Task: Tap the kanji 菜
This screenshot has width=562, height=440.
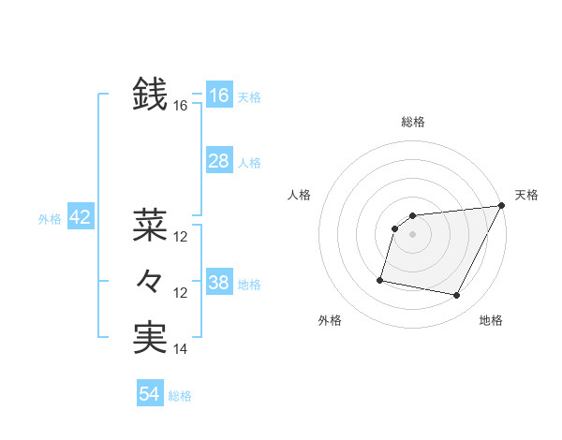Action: coord(150,224)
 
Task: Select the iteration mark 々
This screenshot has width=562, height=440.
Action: coord(150,281)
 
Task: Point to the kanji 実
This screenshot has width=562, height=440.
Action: coord(150,337)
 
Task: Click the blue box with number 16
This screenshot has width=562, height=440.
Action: coord(218,95)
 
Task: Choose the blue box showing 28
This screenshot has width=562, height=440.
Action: coord(218,161)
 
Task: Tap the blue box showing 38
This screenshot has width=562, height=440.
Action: coord(218,283)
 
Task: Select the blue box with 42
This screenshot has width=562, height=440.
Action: coord(80,218)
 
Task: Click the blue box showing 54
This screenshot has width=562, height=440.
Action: coord(149,394)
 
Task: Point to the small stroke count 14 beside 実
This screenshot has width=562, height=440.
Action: coord(181,349)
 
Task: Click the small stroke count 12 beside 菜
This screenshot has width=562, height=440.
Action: coord(181,236)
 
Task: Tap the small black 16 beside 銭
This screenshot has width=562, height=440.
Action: coord(181,106)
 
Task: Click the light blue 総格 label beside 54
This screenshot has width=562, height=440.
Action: coord(180,396)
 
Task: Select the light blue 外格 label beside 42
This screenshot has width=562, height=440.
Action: coord(50,220)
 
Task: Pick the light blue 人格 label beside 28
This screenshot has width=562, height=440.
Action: coord(249,163)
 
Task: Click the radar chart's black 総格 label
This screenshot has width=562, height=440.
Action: coord(413,122)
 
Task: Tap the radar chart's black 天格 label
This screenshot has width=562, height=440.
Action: coord(526,195)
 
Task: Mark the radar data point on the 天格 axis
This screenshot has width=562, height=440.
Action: coord(502,206)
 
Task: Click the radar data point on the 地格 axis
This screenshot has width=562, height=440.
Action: coord(457,296)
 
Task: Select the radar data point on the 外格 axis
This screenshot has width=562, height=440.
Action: coord(380,279)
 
